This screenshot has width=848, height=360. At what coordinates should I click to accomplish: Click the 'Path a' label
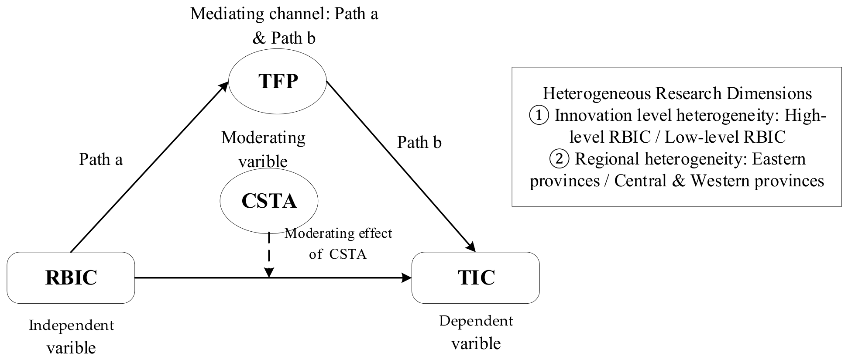101,159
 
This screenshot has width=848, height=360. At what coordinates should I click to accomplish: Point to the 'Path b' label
419,142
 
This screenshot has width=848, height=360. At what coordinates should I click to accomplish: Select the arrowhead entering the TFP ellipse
224,86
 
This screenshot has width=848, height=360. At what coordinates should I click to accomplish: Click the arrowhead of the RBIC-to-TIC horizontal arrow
407,278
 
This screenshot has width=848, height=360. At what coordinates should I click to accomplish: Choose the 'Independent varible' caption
71,336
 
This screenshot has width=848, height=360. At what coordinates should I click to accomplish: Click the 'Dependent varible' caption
476,332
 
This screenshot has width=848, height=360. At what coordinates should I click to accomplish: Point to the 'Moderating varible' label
263,150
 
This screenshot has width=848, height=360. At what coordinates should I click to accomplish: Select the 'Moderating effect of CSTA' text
338,243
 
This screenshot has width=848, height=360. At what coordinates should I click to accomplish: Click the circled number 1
539,116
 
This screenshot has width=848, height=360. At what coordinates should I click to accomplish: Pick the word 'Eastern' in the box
779,159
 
